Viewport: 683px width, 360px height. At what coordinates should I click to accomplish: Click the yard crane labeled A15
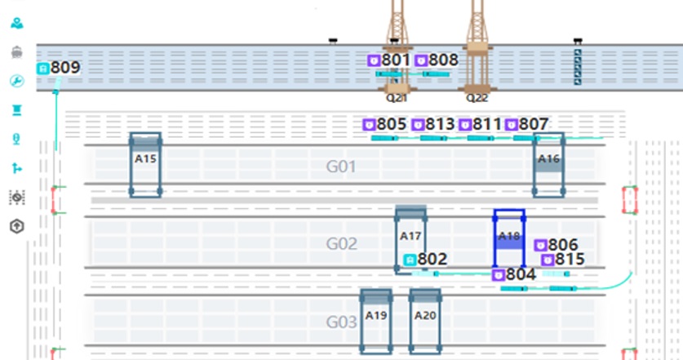[x=145, y=164]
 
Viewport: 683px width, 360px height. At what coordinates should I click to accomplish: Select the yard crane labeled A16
[x=549, y=164]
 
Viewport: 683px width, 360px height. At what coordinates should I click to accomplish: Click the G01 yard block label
[x=342, y=167]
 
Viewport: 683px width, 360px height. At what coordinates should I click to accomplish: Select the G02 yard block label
[x=342, y=244]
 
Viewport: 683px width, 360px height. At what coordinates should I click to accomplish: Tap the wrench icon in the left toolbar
[x=16, y=81]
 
